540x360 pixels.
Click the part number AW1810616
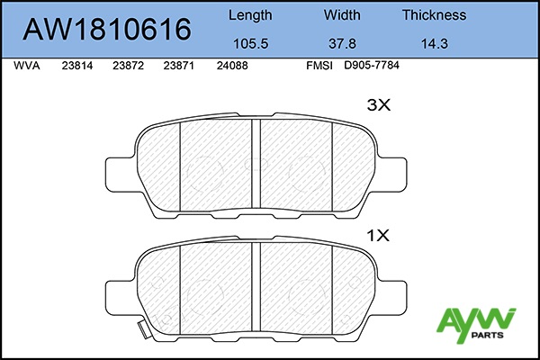[107, 30]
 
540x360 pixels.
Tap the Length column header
[250, 15]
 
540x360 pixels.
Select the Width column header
[342, 15]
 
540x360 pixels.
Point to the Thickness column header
[435, 15]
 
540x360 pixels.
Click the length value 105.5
[251, 44]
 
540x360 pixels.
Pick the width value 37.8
[342, 44]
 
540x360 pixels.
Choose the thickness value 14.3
[435, 44]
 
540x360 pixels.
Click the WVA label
[27, 66]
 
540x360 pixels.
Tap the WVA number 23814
[77, 66]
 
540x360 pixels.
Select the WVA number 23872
[128, 66]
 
